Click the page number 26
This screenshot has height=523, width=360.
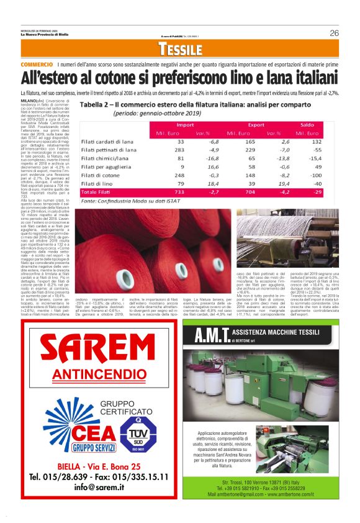(334, 33)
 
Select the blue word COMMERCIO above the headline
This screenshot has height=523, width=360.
(37, 65)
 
